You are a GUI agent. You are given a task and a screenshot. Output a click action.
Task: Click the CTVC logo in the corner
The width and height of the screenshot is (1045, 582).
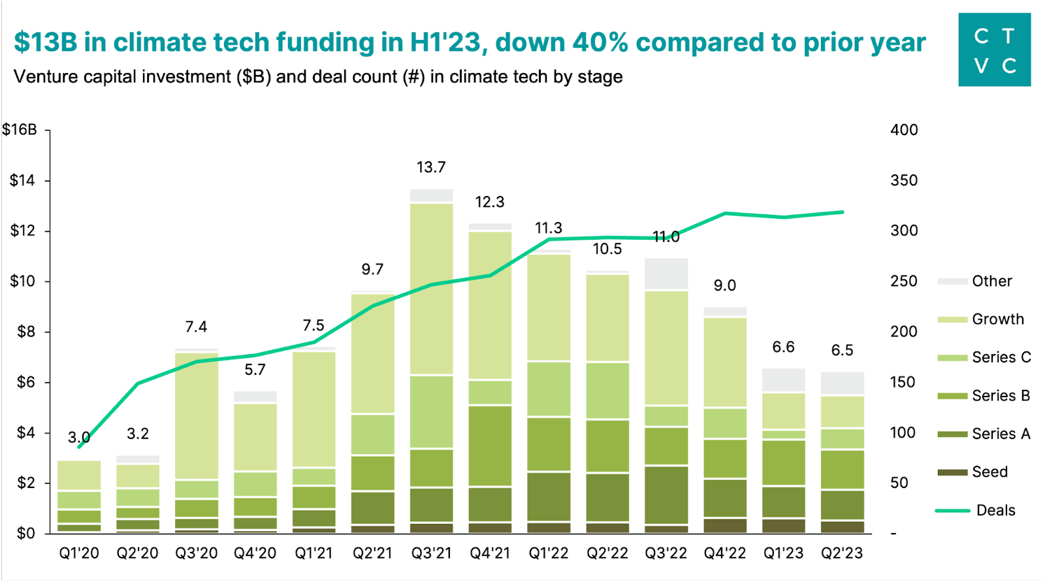pos(994,50)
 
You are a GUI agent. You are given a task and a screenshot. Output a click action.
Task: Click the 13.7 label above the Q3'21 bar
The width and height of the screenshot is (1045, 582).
pos(431,167)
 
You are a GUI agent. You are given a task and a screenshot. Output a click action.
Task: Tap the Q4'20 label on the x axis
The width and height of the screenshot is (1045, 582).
pos(255,553)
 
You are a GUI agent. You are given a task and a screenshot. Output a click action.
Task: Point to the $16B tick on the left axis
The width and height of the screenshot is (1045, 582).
pos(20,129)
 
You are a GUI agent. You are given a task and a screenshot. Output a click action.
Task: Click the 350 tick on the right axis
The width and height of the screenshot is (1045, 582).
pos(904,180)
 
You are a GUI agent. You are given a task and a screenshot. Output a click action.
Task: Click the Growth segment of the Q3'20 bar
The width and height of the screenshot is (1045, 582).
pos(197,416)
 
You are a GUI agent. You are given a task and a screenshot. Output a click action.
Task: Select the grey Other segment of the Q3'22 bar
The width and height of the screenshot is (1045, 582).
pos(666,274)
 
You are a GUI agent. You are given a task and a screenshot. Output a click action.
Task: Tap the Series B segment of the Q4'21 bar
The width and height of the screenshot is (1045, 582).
pos(490,445)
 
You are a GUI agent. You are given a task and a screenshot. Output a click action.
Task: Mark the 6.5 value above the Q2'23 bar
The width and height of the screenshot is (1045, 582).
pos(842,350)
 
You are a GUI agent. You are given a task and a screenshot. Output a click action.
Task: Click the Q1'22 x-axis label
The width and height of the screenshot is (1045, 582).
pos(549,553)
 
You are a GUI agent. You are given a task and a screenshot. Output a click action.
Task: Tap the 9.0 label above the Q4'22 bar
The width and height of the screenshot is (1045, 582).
pos(724,285)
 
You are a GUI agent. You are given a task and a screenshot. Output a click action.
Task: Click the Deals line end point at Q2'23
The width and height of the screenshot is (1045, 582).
pos(842,212)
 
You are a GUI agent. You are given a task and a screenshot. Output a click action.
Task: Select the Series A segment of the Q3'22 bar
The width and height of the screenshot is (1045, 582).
pos(666,495)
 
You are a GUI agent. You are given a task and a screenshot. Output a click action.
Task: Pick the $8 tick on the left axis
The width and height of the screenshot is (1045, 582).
pos(25,332)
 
